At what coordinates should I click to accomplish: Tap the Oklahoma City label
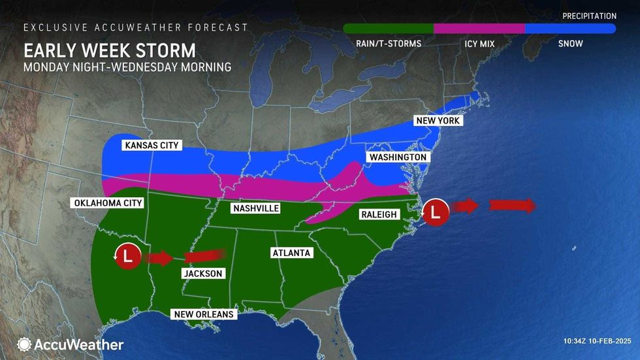pos(106,203)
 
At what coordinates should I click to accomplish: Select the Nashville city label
pos(256,208)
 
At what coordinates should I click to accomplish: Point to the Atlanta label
pos(292,252)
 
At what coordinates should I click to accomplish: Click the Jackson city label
pos(202,274)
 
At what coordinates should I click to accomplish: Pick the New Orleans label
pos(202,314)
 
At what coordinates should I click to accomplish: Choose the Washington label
pos(398,157)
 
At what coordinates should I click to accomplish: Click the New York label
pos(439,121)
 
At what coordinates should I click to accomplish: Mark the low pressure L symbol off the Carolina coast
pos(436,212)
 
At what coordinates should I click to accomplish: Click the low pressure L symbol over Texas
pos(127,255)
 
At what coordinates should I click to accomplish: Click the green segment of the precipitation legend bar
pos(389,29)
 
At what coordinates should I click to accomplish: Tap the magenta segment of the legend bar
pos(479,29)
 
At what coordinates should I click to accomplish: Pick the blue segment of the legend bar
pos(570,29)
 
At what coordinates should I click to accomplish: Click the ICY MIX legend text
pos(479,44)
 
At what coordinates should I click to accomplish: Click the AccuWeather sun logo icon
pos(24,344)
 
